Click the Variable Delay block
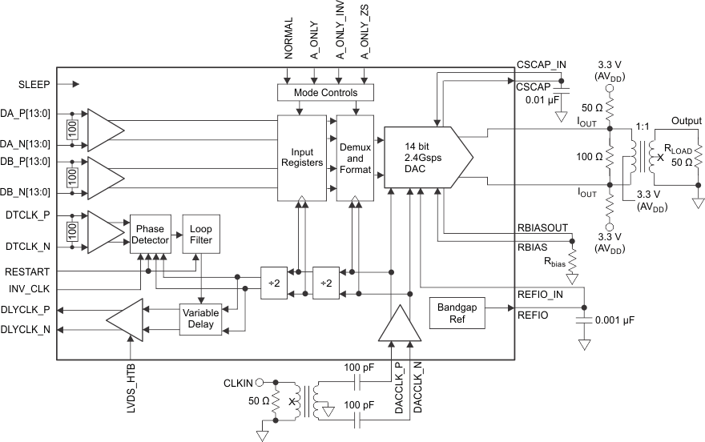pyautogui.click(x=200, y=319)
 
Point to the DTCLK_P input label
pyautogui.click(x=27, y=216)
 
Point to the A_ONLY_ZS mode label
pyautogui.click(x=365, y=32)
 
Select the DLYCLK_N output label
pyautogui.click(x=26, y=328)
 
